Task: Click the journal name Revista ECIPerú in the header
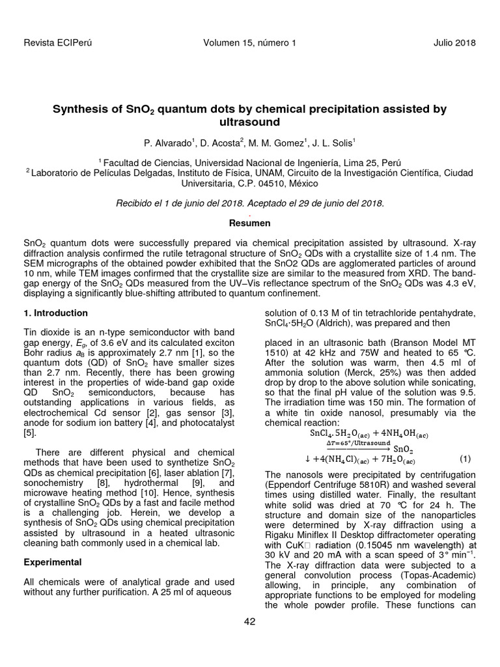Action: [57, 43]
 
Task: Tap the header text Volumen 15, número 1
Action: [249, 43]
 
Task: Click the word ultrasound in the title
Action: [249, 122]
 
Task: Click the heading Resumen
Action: [249, 223]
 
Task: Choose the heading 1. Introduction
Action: [55, 313]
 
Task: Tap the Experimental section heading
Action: [53, 561]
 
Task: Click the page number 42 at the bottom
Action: [249, 621]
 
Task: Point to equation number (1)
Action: [465, 458]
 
